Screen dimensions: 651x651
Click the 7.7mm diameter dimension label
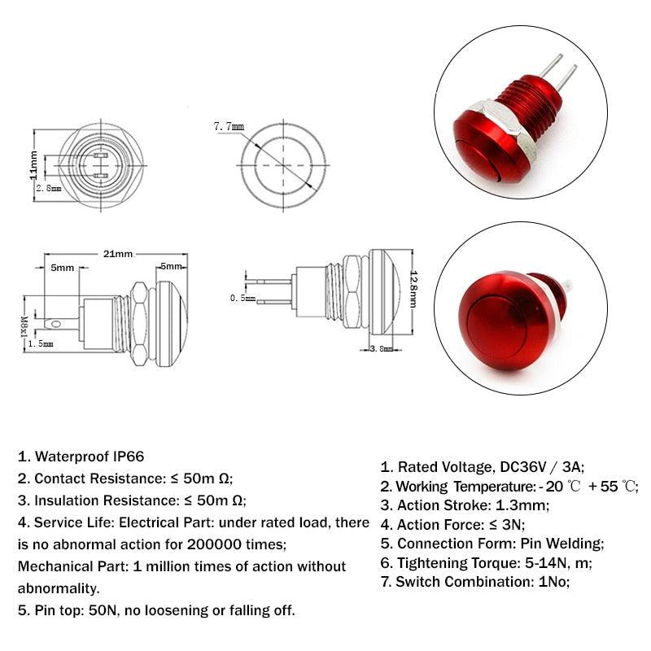tap(228, 126)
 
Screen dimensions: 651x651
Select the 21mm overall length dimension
tap(117, 254)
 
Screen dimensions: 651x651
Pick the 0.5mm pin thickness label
tap(242, 299)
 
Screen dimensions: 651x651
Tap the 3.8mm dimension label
tap(381, 348)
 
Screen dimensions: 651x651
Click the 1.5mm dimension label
tap(41, 344)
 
